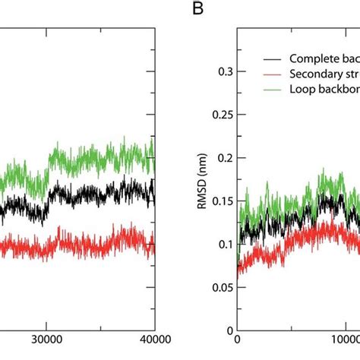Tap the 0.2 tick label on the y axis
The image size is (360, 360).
coord(221,158)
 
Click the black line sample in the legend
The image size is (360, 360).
coord(269,58)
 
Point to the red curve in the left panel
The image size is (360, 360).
coord(91,243)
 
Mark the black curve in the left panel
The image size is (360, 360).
coord(91,193)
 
